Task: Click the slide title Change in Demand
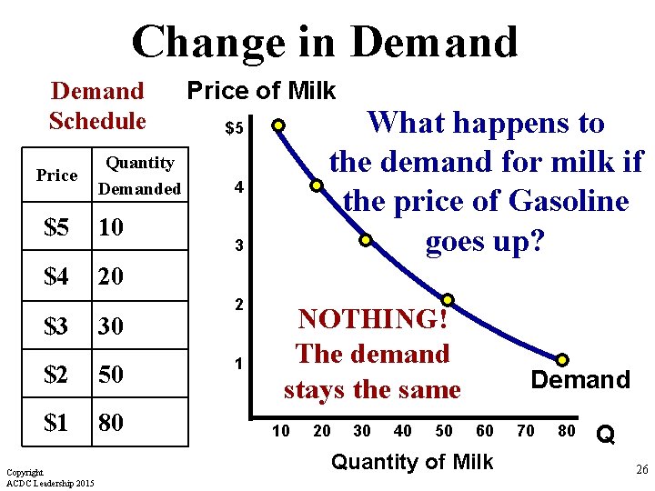(325, 42)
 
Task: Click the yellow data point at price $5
(278, 125)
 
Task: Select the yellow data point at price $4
(317, 186)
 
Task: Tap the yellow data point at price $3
(365, 241)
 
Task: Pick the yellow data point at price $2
(448, 299)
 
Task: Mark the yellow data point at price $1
(562, 360)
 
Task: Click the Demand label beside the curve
(580, 380)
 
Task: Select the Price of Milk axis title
(261, 91)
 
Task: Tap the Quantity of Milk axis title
(412, 462)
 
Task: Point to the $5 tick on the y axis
(234, 129)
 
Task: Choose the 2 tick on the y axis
(237, 304)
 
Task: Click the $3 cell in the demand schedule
(56, 326)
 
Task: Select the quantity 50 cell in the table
(112, 375)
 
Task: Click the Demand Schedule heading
(97, 105)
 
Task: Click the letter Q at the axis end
(606, 436)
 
